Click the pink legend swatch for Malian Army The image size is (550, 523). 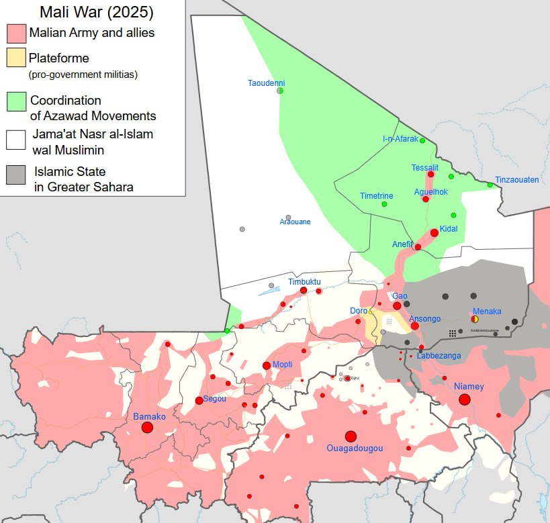tap(16, 33)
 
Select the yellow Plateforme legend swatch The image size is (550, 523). tap(16, 58)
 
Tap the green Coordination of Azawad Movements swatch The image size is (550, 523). tap(16, 101)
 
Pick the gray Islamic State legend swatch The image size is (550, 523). tap(16, 175)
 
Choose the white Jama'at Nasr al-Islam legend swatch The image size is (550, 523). tap(16, 140)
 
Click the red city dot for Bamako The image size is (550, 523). tap(148, 428)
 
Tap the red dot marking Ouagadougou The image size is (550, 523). tap(351, 436)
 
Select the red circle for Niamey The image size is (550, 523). tap(464, 399)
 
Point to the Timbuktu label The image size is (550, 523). tap(304, 282)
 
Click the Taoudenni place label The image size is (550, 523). tap(266, 83)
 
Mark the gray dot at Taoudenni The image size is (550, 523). tap(280, 91)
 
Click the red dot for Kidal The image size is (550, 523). tap(434, 233)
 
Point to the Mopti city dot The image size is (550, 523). tap(266, 365)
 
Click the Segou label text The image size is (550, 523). tap(214, 399)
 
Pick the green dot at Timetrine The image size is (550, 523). tap(384, 204)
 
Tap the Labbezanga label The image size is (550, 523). tap(439, 356)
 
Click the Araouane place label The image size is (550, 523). tap(295, 222)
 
